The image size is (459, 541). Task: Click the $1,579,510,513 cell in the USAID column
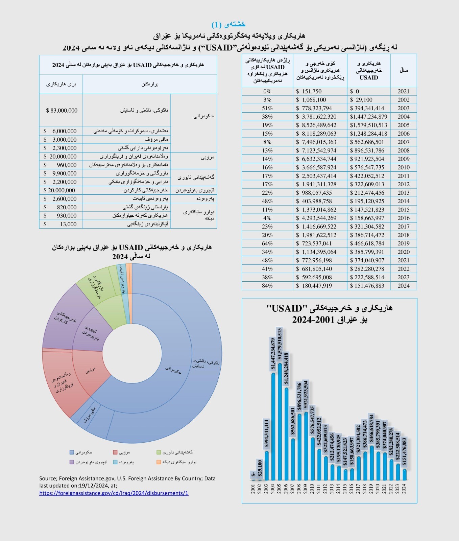click(x=368, y=125)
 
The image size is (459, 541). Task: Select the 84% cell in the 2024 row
click(x=267, y=286)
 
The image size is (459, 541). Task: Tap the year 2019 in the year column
click(x=403, y=243)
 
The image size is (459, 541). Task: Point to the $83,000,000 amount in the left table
click(x=62, y=111)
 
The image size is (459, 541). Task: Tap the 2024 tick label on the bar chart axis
click(x=404, y=489)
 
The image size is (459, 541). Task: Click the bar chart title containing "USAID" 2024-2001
click(x=330, y=313)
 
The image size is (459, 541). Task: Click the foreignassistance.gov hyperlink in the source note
click(x=114, y=493)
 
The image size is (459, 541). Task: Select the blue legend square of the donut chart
click(x=72, y=452)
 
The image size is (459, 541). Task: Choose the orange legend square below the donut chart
click(x=159, y=462)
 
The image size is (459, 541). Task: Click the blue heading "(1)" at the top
click(x=228, y=24)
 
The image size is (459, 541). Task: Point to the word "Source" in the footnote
click(x=48, y=478)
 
